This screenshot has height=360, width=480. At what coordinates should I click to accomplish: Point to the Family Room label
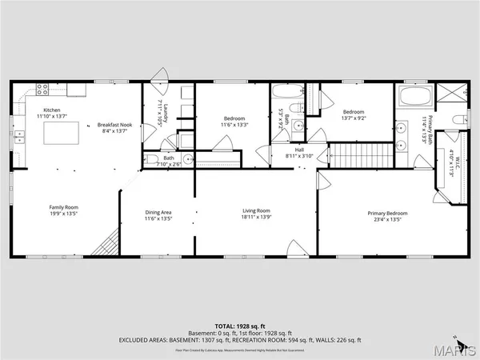[x=64, y=210]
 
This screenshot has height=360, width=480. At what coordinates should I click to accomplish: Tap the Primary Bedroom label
[x=387, y=216]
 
